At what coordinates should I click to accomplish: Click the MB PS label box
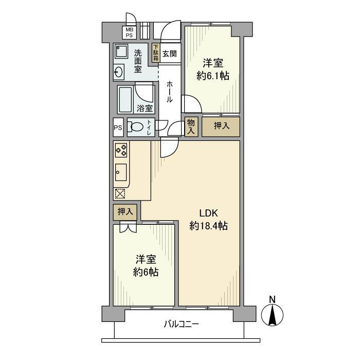pos(129,32)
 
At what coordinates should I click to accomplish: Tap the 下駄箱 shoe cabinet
pos(156,53)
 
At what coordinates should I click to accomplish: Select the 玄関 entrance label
pos(169,54)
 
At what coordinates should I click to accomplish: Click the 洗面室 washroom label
pos(138,61)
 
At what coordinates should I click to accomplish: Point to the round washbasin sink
pos(119,72)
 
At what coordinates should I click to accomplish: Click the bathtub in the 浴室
pos(125,99)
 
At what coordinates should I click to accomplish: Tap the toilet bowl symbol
pos(136,127)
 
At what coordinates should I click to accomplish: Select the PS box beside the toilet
pos(118,128)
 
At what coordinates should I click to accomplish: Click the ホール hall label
pos(169,92)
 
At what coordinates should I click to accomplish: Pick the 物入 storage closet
pos(191,127)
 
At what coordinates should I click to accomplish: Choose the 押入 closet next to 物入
pos(221,127)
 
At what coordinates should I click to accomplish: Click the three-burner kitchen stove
pos(121,150)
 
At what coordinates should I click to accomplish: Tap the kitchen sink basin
pos(121,172)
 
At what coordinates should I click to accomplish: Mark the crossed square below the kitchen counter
pos(120,193)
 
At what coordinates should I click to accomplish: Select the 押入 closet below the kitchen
pos(125,212)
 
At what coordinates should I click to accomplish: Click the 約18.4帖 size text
pos(208,226)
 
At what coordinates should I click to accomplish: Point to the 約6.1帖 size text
pos(213,76)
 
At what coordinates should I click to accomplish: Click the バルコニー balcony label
pos(182,324)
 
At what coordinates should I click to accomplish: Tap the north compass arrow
pos(272,315)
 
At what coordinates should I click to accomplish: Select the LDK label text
pos(208,213)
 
